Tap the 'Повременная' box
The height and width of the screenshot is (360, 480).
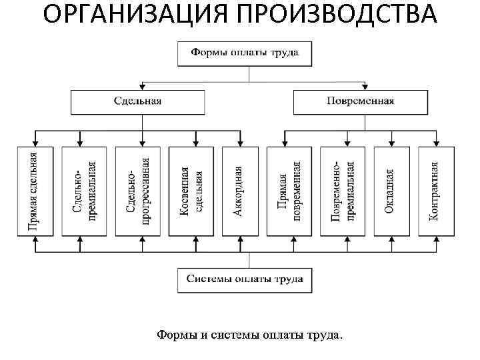click(361, 101)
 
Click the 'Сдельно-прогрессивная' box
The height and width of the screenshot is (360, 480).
click(138, 191)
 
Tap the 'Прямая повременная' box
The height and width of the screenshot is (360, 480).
click(289, 191)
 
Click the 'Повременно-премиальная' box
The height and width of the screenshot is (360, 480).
click(343, 191)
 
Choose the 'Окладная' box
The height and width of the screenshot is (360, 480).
click(390, 191)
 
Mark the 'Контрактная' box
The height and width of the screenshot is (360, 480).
click(436, 191)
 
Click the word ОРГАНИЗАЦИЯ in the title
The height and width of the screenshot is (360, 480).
click(125, 15)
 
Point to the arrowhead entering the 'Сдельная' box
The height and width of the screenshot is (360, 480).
click(141, 87)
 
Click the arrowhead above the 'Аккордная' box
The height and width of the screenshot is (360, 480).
click(240, 143)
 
